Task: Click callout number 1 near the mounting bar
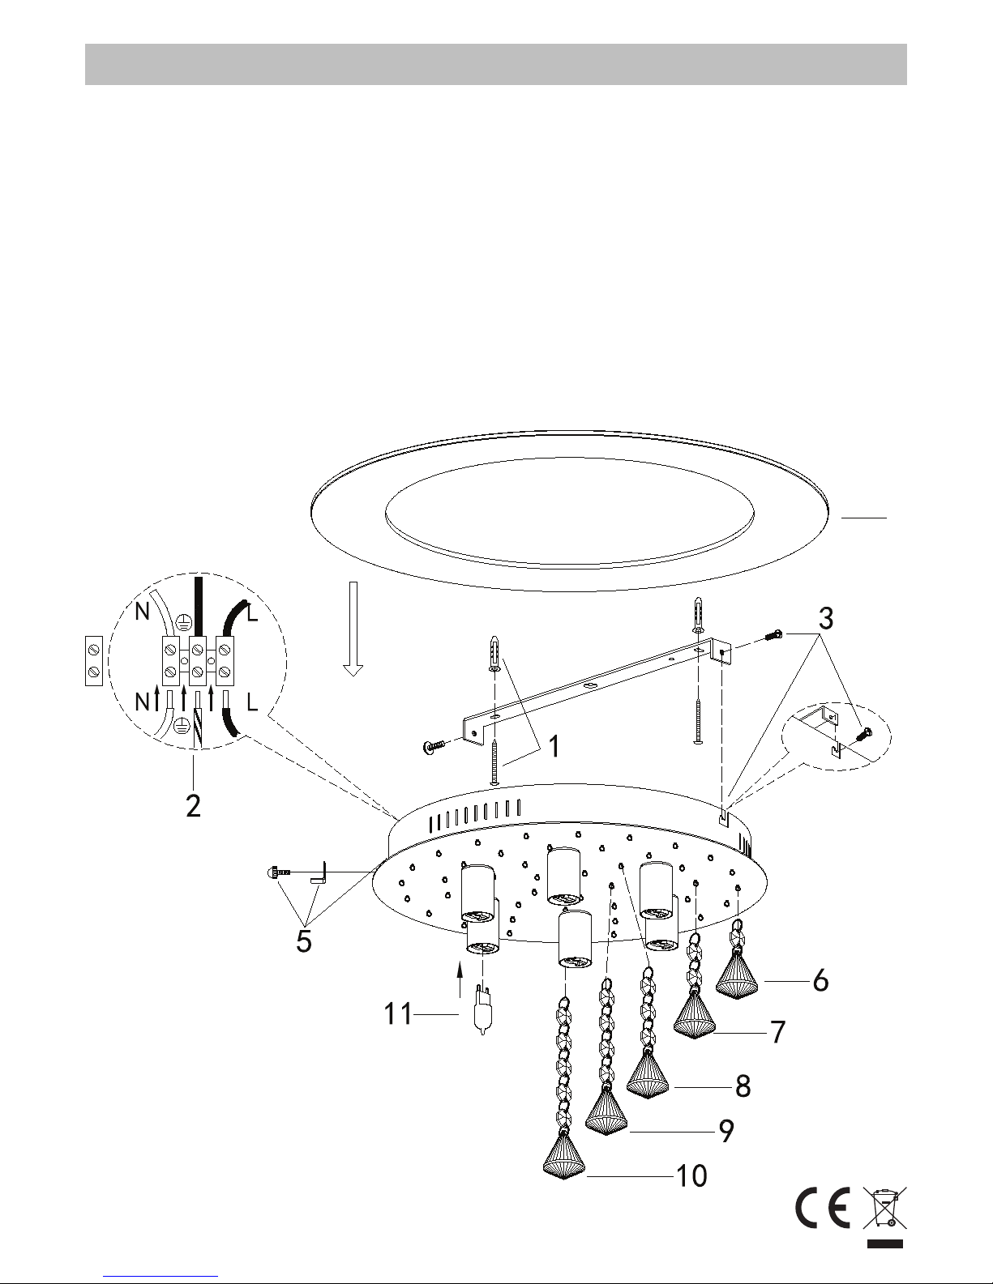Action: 554,746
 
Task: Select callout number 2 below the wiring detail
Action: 193,805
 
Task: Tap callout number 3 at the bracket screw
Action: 826,619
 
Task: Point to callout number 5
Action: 304,941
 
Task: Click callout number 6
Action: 820,981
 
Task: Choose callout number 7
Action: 778,1032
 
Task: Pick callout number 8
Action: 743,1086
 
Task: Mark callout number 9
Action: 726,1131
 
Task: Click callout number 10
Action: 691,1176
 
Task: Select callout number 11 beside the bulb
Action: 398,1014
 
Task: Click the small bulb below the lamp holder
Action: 483,1013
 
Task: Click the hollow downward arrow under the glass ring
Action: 353,629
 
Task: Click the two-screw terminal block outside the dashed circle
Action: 94,660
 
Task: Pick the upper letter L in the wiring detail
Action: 253,613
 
